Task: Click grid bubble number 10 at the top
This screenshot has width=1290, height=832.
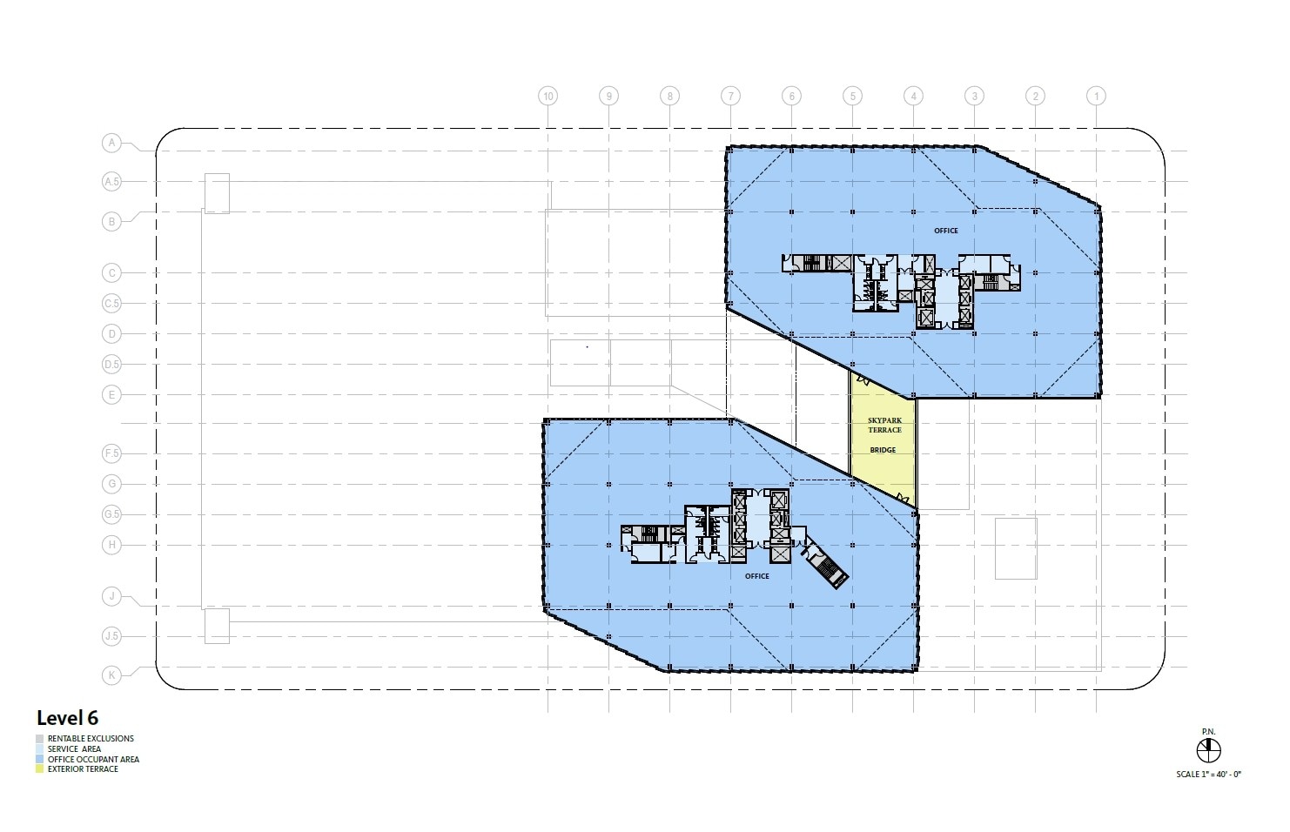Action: tap(548, 97)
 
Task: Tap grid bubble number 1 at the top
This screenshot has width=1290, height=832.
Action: tap(1096, 97)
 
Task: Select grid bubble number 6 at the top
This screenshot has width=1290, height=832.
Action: tap(791, 97)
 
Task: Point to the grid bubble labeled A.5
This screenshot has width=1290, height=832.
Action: tap(111, 182)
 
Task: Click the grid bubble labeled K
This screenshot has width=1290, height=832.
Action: tap(111, 674)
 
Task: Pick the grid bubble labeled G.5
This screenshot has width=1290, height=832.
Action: tap(111, 514)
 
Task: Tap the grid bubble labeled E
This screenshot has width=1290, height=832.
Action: tap(111, 395)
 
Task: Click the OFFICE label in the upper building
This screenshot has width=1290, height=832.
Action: tap(945, 231)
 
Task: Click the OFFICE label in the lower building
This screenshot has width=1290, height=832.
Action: tap(756, 576)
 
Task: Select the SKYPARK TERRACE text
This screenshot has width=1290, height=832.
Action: tap(884, 426)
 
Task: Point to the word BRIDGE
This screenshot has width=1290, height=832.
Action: tap(883, 450)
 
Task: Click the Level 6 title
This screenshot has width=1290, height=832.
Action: tap(67, 718)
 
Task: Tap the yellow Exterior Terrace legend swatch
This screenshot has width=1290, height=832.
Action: tap(40, 769)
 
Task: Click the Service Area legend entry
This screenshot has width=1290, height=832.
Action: tap(74, 748)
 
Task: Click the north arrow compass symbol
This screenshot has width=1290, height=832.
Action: tap(1209, 749)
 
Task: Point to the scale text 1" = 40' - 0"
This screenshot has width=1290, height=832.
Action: tap(1209, 774)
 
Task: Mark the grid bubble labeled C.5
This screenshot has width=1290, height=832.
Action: tap(111, 304)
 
